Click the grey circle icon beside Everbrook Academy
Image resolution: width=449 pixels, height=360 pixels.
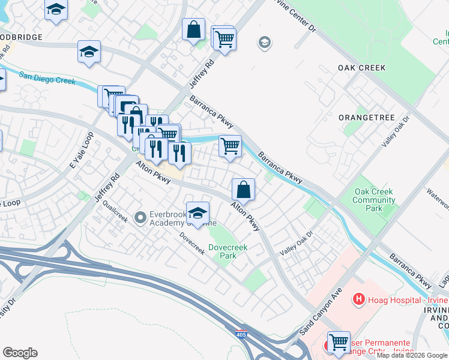[140, 217]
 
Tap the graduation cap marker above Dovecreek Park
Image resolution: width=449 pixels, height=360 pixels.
[197, 211]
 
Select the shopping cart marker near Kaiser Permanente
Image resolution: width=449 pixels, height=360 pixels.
[339, 342]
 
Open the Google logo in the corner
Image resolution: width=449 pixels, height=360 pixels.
[20, 353]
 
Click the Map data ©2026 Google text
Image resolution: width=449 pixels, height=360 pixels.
[412, 355]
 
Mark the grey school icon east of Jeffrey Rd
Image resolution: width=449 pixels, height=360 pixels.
[263, 43]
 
